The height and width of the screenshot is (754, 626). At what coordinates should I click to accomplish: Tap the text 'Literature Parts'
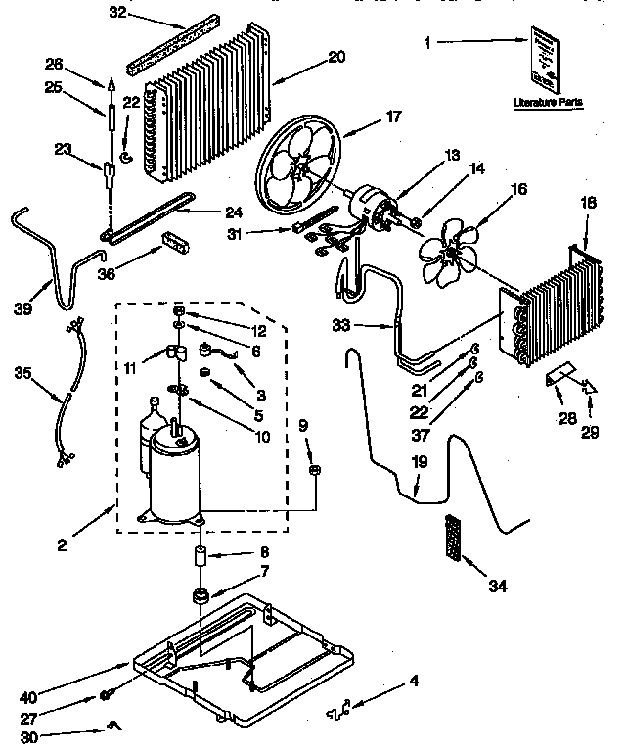click(x=541, y=102)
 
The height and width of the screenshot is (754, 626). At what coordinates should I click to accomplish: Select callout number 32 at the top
click(x=118, y=13)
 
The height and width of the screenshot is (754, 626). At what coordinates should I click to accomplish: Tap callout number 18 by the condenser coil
click(x=587, y=202)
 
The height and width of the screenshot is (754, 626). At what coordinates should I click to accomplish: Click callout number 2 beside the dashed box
click(x=62, y=544)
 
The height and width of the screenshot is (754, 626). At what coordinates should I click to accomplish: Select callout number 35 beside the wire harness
click(x=23, y=372)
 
